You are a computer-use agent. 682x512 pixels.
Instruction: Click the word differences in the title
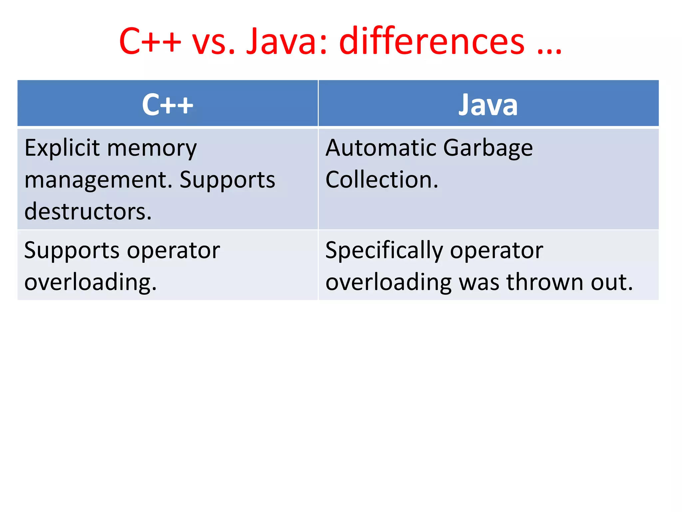432,42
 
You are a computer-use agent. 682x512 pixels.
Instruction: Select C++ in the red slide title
150,42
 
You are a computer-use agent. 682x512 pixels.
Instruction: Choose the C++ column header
168,105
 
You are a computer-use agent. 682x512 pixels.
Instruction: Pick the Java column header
488,105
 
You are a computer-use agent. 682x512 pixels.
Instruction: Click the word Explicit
62,148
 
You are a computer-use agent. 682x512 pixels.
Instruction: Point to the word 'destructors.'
88,211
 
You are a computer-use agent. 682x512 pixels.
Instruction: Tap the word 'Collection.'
382,180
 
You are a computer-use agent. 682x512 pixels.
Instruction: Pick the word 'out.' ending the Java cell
611,282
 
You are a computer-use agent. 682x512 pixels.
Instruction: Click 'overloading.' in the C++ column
90,283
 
